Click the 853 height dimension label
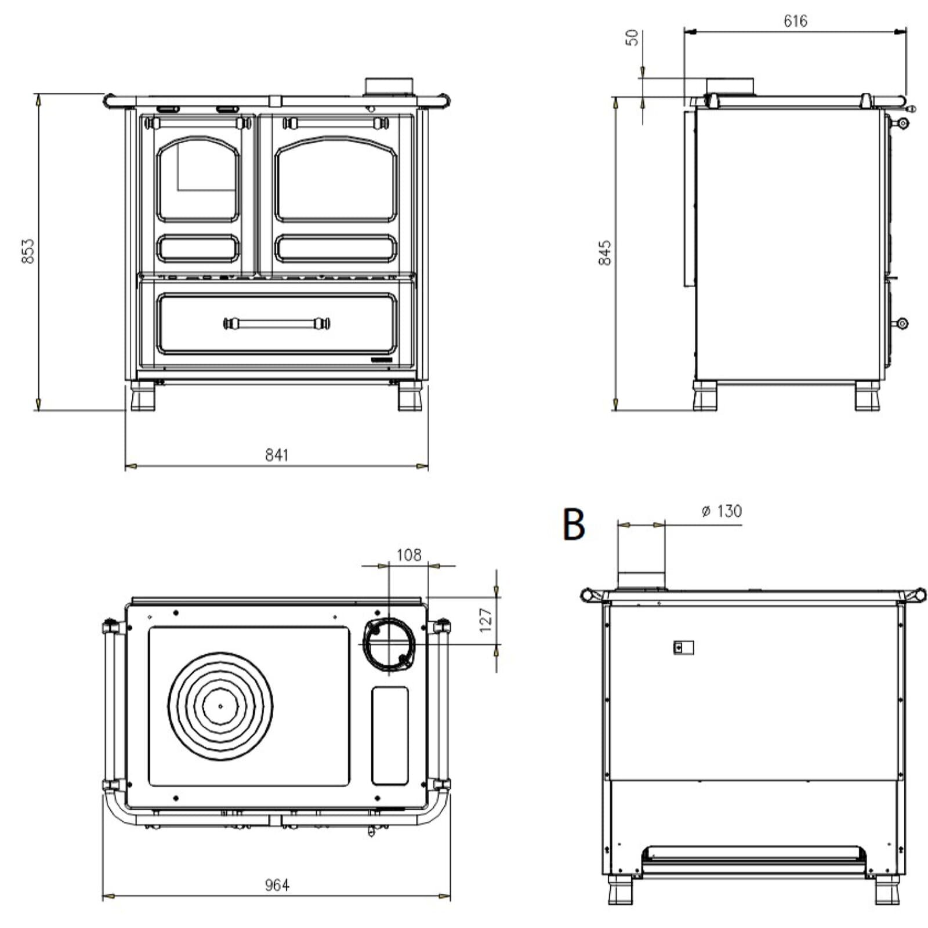(x=27, y=251)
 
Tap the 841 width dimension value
(x=277, y=455)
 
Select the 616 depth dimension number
(x=795, y=21)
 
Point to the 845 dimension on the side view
(x=604, y=253)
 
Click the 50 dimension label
(x=633, y=38)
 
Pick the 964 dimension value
(x=277, y=885)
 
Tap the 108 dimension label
(x=409, y=555)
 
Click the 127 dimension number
(x=485, y=619)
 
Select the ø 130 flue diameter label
(x=721, y=511)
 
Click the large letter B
(x=574, y=524)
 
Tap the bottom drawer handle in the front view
(x=277, y=323)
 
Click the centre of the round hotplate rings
(x=220, y=706)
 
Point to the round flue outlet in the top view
(x=389, y=644)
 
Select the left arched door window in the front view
(x=198, y=179)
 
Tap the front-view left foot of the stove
(x=143, y=397)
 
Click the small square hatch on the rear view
(x=683, y=647)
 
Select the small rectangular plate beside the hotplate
(x=390, y=736)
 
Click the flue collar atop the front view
(x=389, y=86)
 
